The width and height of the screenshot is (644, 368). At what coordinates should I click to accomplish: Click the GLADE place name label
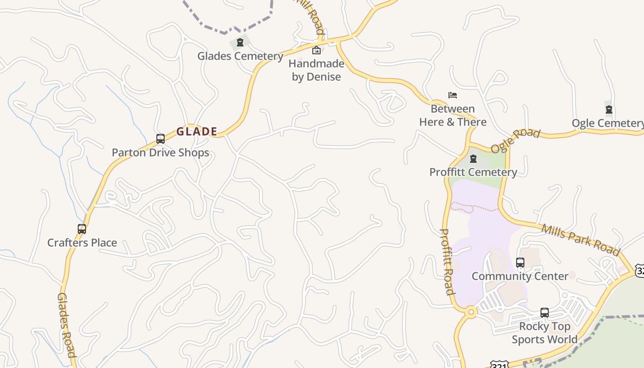pyautogui.click(x=196, y=132)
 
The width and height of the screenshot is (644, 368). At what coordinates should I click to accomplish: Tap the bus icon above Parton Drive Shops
pyautogui.click(x=161, y=138)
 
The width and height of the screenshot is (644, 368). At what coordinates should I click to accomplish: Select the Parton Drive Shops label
pyautogui.click(x=161, y=153)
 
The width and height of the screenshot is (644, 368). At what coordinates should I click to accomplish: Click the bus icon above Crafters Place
pyautogui.click(x=82, y=229)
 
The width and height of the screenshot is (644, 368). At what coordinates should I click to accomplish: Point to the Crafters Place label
pyautogui.click(x=82, y=242)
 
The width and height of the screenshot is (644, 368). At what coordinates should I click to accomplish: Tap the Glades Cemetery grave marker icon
pyautogui.click(x=240, y=43)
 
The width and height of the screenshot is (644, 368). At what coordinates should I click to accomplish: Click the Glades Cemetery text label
pyautogui.click(x=240, y=56)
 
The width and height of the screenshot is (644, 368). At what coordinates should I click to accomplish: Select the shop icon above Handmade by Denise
pyautogui.click(x=316, y=50)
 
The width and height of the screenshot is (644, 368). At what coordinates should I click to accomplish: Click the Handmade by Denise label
pyautogui.click(x=316, y=70)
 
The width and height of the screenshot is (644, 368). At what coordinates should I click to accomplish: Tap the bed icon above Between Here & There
pyautogui.click(x=453, y=95)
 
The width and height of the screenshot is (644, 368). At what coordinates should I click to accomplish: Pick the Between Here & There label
pyautogui.click(x=453, y=115)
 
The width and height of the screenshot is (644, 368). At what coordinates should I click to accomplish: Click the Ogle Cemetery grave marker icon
pyautogui.click(x=609, y=109)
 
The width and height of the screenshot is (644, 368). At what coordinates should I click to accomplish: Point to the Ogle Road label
pyautogui.click(x=515, y=141)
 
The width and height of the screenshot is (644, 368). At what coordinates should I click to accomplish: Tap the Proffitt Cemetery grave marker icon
pyautogui.click(x=473, y=159)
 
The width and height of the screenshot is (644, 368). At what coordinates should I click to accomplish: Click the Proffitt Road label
pyautogui.click(x=447, y=262)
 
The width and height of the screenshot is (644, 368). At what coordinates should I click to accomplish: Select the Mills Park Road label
pyautogui.click(x=581, y=239)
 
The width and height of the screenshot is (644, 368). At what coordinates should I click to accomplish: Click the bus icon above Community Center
pyautogui.click(x=520, y=263)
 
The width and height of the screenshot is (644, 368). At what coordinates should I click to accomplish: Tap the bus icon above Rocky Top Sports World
pyautogui.click(x=545, y=313)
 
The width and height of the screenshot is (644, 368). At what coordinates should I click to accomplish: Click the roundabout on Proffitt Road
pyautogui.click(x=471, y=312)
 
